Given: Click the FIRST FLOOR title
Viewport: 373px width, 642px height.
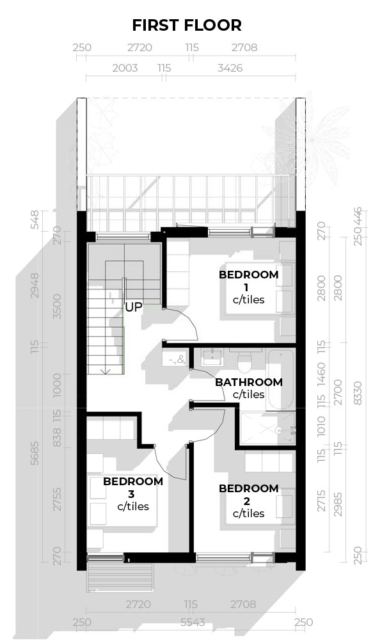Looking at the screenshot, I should pyautogui.click(x=186, y=26).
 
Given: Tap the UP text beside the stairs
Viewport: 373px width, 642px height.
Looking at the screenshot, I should pyautogui.click(x=133, y=307).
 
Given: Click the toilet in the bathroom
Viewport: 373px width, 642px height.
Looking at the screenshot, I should pyautogui.click(x=244, y=362).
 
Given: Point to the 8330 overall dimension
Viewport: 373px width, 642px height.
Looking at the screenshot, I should pyautogui.click(x=361, y=389).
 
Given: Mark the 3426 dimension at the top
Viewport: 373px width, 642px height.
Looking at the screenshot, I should pyautogui.click(x=230, y=67).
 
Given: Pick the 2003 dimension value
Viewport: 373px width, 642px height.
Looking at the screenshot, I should pyautogui.click(x=125, y=67).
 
